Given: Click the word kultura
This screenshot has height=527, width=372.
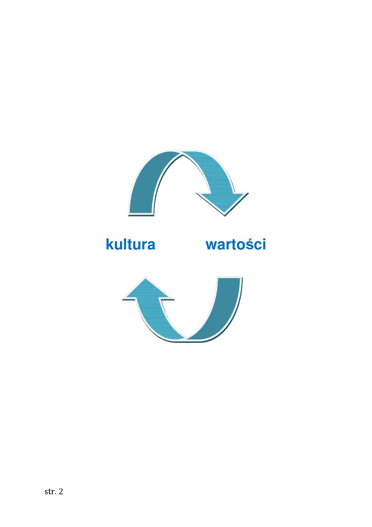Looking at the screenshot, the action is [x=130, y=244].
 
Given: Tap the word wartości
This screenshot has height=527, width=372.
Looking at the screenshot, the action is [x=236, y=244].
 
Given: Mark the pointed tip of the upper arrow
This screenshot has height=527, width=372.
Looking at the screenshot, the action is [x=225, y=215].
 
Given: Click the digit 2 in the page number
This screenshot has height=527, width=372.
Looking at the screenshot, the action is [x=61, y=492].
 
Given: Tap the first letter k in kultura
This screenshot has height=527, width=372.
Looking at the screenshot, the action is [x=110, y=244].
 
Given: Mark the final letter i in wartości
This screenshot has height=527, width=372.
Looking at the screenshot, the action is [x=264, y=244].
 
